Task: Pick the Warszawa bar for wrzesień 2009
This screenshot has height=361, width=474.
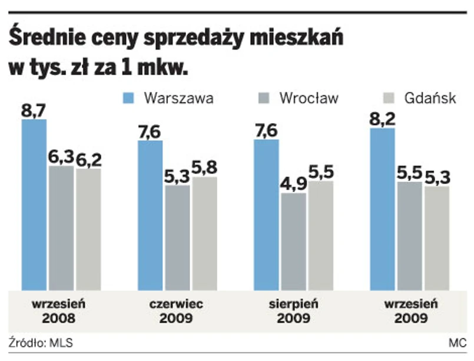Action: point(382,209)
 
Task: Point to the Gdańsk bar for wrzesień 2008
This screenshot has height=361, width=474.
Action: point(88,229)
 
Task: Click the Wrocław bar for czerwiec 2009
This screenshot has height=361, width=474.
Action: point(177,238)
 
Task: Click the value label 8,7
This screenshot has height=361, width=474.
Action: point(34,110)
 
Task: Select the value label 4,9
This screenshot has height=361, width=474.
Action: point(293,184)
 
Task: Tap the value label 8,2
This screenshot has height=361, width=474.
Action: point(382,119)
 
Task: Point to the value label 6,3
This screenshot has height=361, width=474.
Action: point(61,157)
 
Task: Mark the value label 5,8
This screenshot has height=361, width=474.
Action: point(204,168)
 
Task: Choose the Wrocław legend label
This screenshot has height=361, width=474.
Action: point(309,98)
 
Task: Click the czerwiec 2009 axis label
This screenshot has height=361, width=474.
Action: point(176,312)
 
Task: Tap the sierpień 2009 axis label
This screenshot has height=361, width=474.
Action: point(293,312)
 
